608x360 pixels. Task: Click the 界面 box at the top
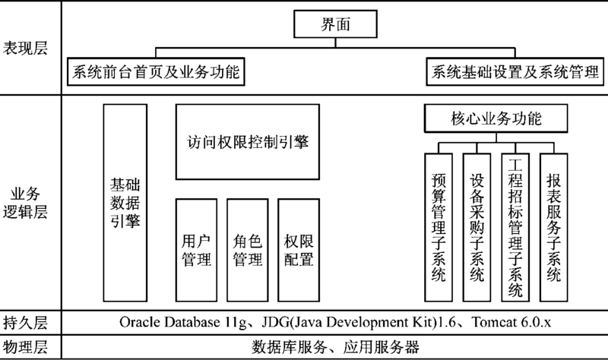coord(335,24)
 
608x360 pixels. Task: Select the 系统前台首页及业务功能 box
coord(156,71)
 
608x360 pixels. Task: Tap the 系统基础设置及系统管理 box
coord(515,71)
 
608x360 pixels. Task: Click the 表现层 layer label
coord(25,48)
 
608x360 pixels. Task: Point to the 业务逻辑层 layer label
coord(25,203)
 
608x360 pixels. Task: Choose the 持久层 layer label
coord(25,323)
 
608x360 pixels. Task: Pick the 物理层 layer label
coord(25,346)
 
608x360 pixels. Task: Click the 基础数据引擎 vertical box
coord(125,203)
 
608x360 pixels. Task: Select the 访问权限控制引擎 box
coord(248,142)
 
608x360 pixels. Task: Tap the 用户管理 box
coord(196,251)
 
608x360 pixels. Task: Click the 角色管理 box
coord(248,251)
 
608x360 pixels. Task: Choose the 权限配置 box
coord(299,251)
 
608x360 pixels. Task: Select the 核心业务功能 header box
coord(496,118)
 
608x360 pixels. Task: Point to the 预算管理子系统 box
coord(439,228)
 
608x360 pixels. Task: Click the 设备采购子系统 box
coord(477,228)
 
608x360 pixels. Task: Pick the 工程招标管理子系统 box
coord(515,228)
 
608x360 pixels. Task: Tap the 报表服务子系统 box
coord(554,228)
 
